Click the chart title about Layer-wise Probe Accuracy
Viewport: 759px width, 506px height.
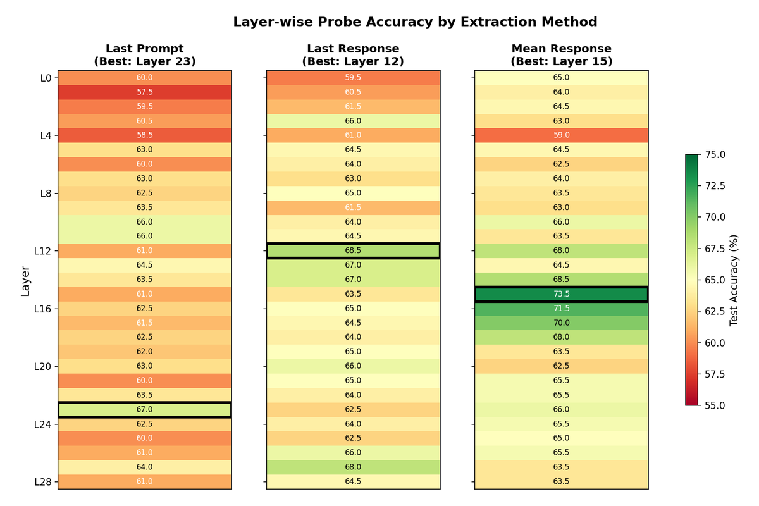(415, 22)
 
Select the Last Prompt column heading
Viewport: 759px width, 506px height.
(145, 49)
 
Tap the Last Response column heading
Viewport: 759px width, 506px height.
(353, 49)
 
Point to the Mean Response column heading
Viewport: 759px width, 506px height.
(561, 49)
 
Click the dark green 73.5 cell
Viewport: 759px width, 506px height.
(561, 294)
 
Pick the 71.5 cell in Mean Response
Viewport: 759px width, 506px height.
(561, 309)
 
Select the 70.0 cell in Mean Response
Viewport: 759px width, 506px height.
(561, 323)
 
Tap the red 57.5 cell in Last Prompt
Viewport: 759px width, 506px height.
(145, 92)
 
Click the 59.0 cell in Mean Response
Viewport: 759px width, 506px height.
(561, 135)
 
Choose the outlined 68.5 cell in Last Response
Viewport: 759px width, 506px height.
(353, 250)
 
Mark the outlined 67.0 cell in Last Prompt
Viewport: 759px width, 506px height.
(145, 409)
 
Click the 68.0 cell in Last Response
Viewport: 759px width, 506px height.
(353, 467)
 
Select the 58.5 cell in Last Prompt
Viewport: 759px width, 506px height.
(145, 135)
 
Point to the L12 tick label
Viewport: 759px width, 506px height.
(43, 251)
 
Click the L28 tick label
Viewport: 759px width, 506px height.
(43, 482)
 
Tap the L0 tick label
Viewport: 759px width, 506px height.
(46, 78)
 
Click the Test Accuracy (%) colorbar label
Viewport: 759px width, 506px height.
(734, 280)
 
